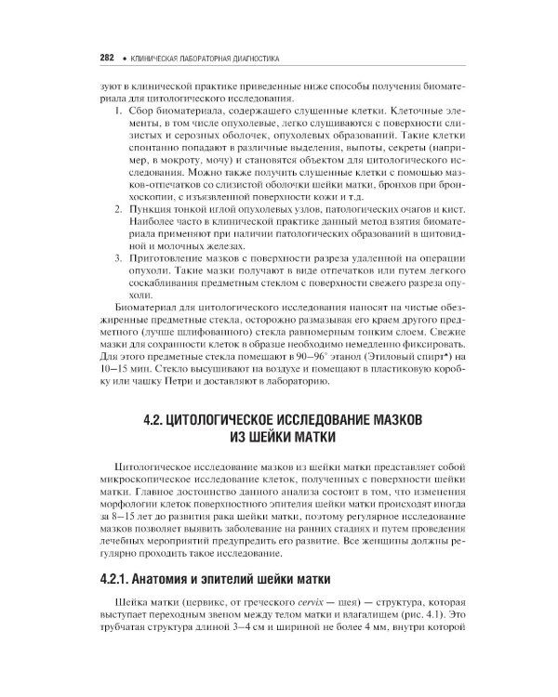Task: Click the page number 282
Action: point(105,58)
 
